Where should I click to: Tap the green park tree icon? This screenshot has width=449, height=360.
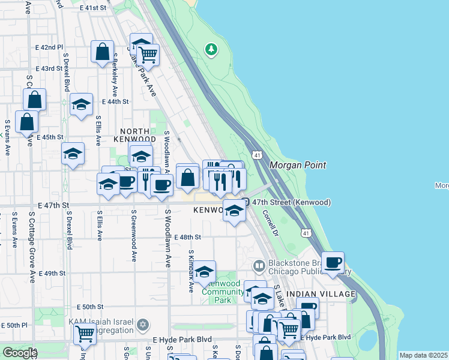click(x=211, y=49)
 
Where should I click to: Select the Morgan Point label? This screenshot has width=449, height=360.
click(x=297, y=165)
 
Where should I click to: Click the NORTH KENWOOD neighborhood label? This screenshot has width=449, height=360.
click(x=137, y=135)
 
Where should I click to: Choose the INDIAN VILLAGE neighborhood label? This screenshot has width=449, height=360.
click(x=321, y=293)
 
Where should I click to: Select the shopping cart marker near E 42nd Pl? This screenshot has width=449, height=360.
click(x=147, y=55)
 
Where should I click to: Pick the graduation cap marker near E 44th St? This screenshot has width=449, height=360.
click(x=81, y=106)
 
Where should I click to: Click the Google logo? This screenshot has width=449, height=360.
click(x=20, y=353)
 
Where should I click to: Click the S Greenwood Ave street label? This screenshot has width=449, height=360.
click(x=133, y=236)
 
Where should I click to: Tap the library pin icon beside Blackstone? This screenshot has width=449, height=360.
click(x=259, y=265)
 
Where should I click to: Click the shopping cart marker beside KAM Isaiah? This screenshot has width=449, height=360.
click(x=85, y=333)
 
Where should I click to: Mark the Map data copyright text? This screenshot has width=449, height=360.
click(x=423, y=355)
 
